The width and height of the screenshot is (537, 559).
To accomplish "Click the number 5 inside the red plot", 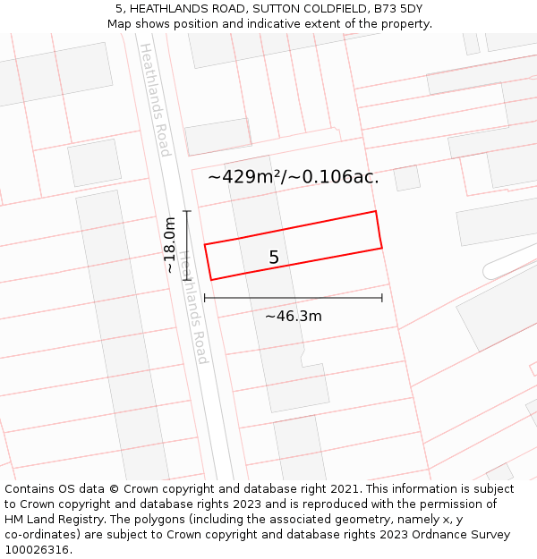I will [x=274, y=258].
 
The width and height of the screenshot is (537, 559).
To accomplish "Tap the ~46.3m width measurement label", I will [x=294, y=316].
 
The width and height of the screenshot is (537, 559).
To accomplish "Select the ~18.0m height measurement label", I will [x=170, y=245].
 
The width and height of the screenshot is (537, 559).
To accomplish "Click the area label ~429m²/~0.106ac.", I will [x=294, y=177].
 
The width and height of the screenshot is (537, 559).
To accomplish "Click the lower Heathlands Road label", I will [x=192, y=307].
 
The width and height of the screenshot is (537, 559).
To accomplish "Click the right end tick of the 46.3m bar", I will [x=382, y=298].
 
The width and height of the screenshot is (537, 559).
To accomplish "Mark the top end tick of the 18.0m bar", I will [x=187, y=211].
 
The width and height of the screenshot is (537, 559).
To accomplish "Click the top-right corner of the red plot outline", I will [x=375, y=212].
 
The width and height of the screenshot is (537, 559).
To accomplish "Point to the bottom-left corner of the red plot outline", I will [x=211, y=280].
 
